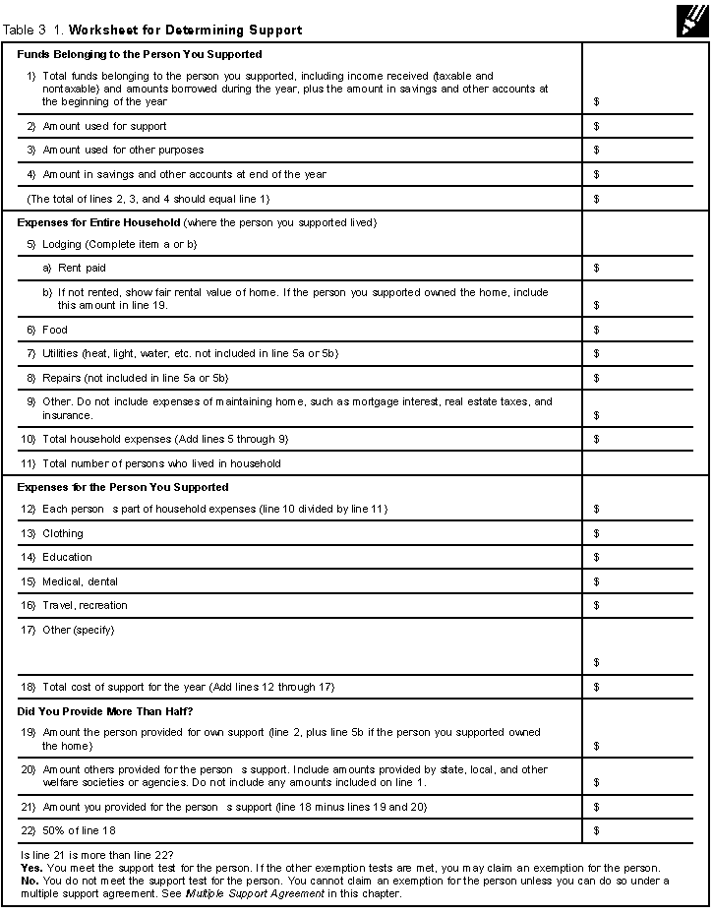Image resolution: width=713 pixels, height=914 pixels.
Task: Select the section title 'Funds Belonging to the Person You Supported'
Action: [x=140, y=55]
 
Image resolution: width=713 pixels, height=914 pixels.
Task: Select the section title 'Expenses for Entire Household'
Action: [x=99, y=223]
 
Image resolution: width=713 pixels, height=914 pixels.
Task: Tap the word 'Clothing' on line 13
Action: [x=63, y=534]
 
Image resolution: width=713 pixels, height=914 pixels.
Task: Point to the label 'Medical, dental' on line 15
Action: [x=80, y=582]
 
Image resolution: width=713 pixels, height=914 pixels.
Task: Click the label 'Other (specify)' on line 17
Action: [x=78, y=631]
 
